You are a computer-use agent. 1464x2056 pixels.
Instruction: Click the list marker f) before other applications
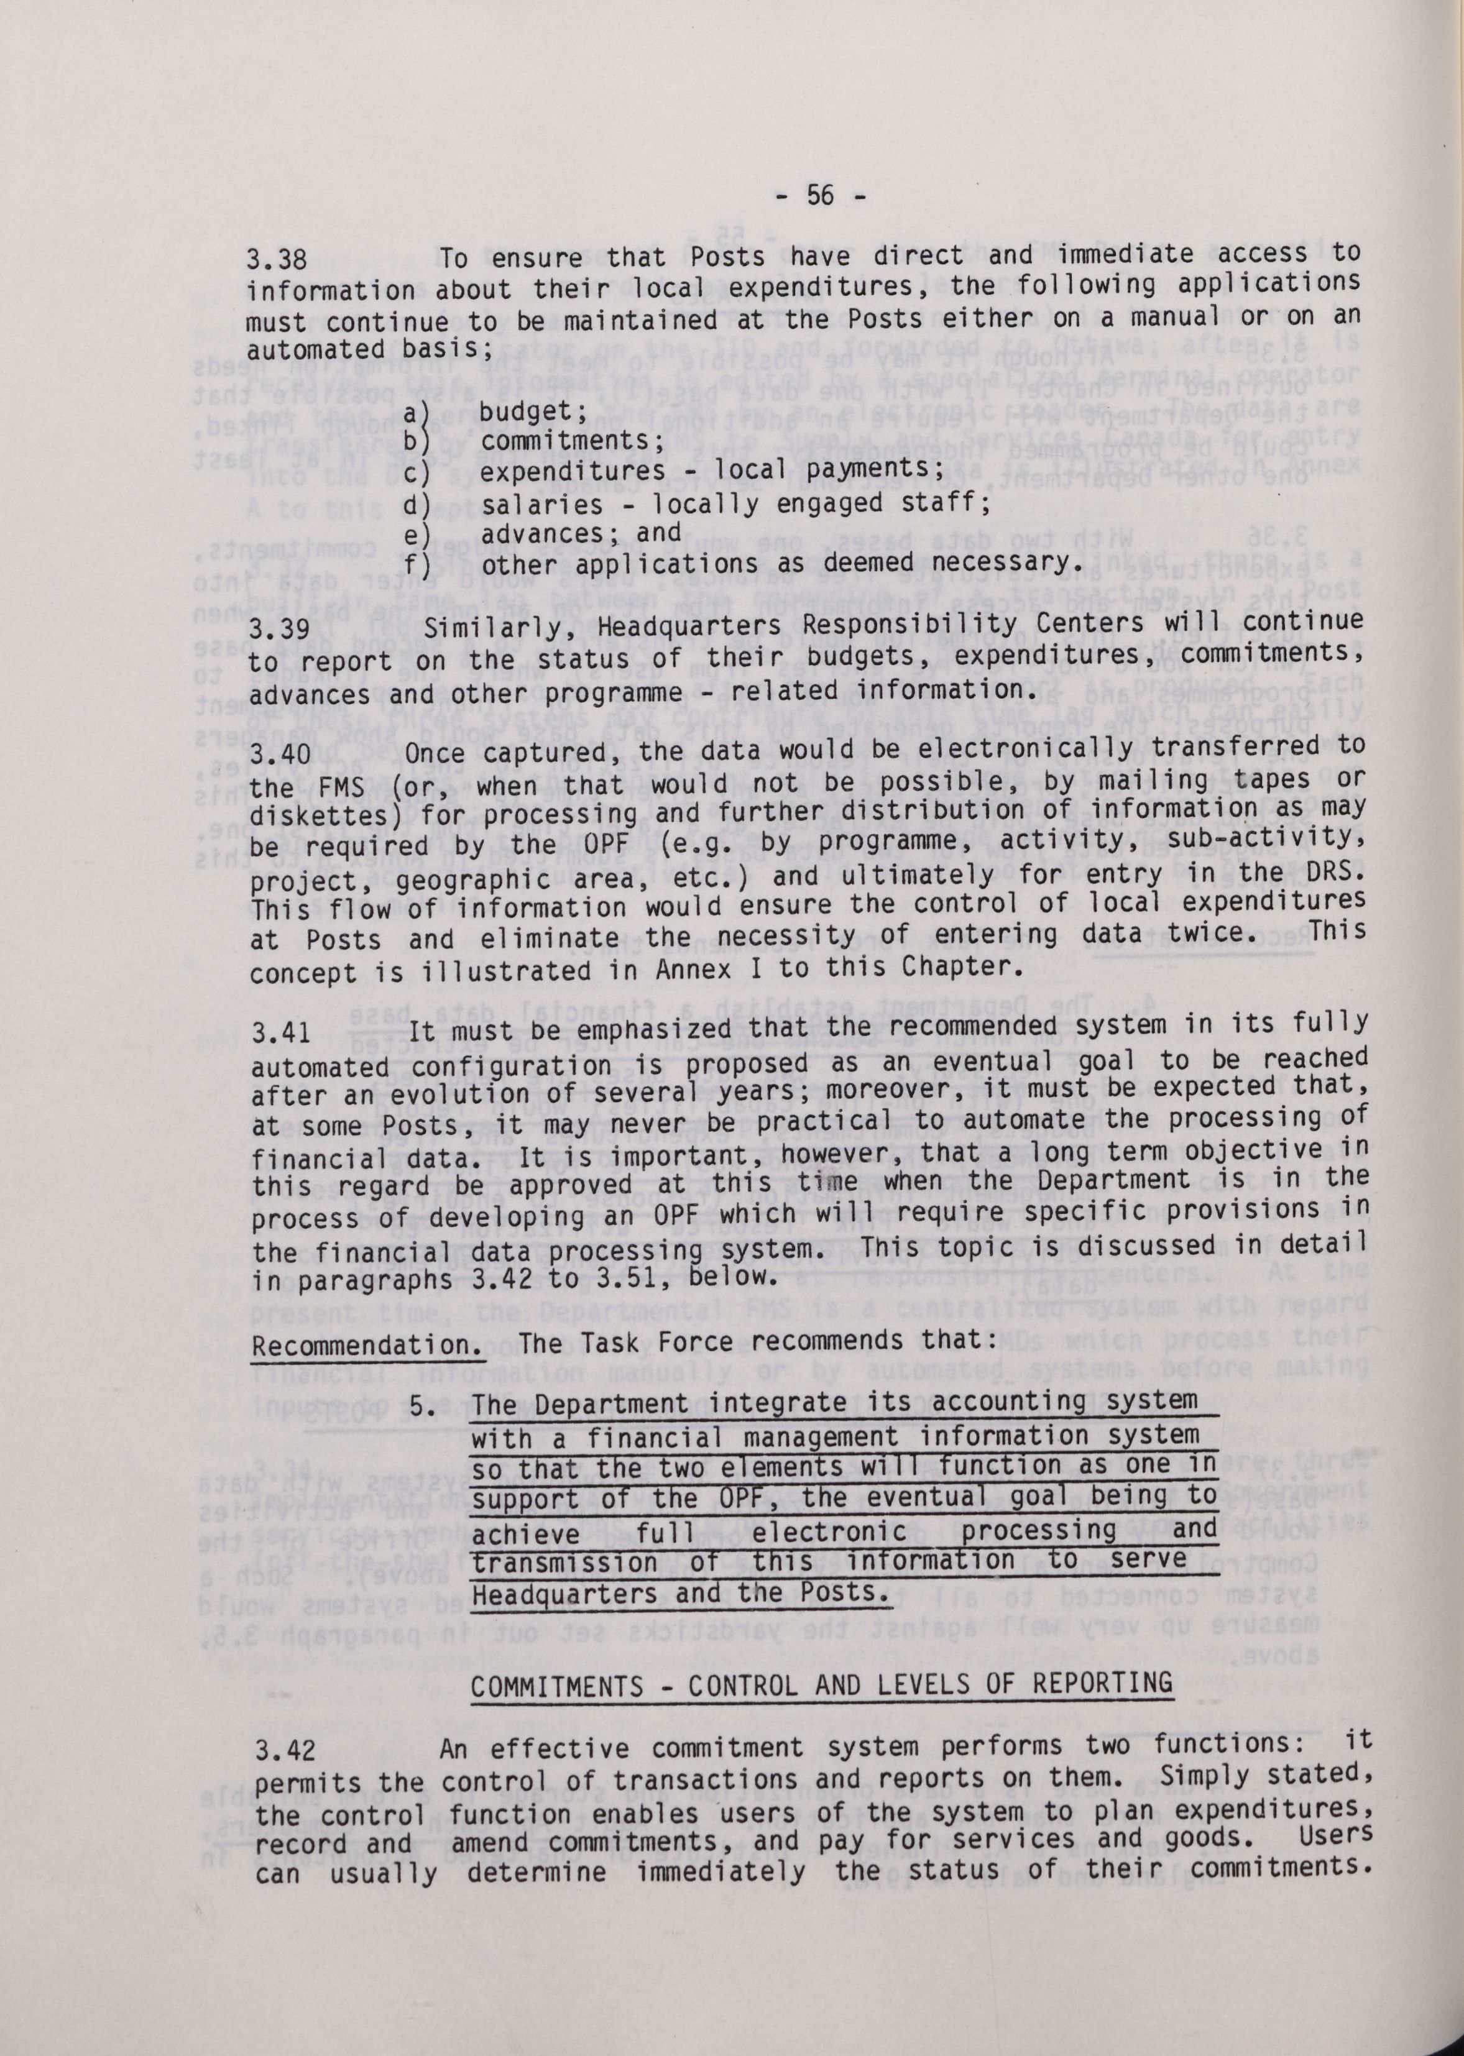pos(417,564)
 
